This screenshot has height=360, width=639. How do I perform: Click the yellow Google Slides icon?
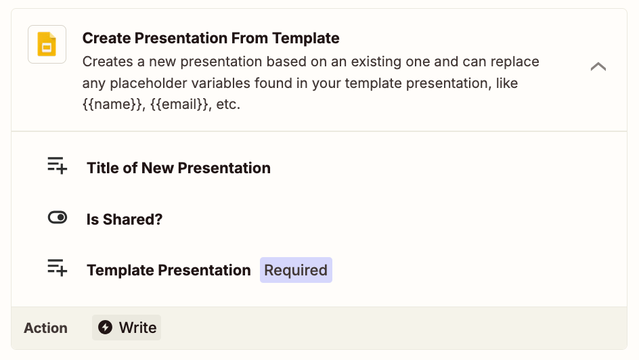pos(47,44)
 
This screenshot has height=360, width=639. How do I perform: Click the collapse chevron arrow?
pos(598,66)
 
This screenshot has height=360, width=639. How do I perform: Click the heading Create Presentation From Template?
pos(211,38)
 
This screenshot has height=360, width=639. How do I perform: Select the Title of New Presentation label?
pos(179,168)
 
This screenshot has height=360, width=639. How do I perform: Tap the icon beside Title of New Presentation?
pos(57,166)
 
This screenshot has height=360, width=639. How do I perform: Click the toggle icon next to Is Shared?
pos(58,217)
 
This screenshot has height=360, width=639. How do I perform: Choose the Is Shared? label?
pos(125,219)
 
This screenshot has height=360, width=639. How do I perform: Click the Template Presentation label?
pos(169,270)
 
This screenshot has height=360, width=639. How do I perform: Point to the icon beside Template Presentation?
pos(57,268)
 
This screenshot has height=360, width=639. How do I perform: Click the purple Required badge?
pos(296,270)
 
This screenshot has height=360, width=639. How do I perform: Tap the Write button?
pos(127,328)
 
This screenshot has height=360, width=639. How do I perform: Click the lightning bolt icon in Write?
pos(105,328)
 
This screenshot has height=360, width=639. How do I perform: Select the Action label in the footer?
pos(45,328)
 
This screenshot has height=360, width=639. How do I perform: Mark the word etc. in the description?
pos(228,104)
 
